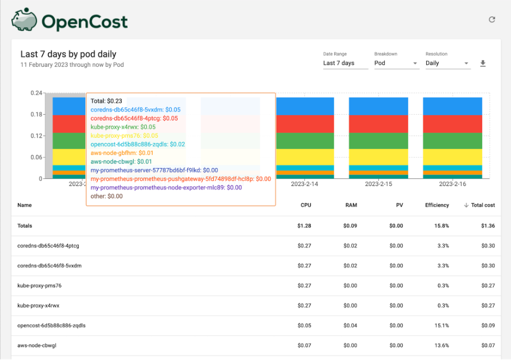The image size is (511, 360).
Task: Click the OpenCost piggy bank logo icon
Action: (x=24, y=21)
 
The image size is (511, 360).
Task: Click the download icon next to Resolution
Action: (x=483, y=64)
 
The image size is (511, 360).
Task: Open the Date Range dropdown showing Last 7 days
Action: (x=345, y=63)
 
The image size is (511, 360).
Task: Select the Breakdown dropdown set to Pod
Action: (x=396, y=63)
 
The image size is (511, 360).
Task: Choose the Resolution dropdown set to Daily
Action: (x=447, y=63)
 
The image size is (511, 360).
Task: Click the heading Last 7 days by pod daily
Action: (x=68, y=54)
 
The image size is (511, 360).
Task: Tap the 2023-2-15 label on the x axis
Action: (x=378, y=184)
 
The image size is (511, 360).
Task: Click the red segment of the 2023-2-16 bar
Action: (x=452, y=123)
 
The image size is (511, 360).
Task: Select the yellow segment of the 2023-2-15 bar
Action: (x=378, y=157)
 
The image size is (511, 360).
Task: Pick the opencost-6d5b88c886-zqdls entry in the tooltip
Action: (x=138, y=144)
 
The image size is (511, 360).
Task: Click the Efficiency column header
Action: (x=437, y=206)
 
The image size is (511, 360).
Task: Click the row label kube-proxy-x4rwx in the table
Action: (x=38, y=306)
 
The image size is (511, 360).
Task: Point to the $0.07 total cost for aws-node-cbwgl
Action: (x=488, y=346)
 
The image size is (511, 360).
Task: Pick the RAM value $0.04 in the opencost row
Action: (x=350, y=326)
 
